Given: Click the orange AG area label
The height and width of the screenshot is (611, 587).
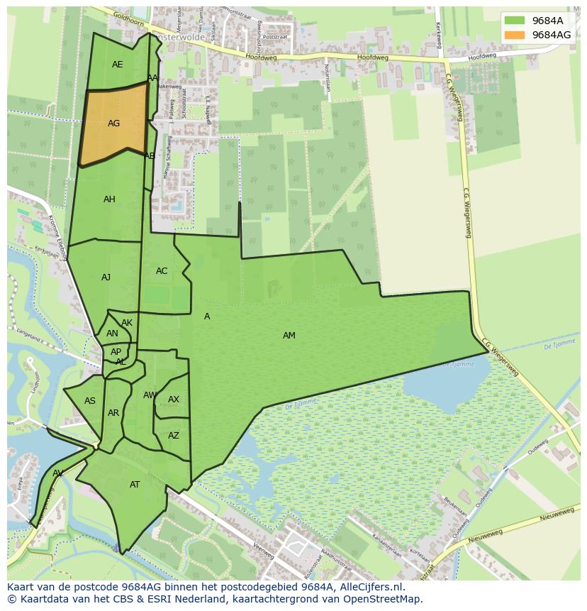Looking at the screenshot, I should pyautogui.click(x=113, y=123).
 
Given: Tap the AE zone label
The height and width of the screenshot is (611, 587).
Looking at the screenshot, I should pyautogui.click(x=117, y=65).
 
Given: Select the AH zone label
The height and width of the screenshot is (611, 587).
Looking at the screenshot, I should pyautogui.click(x=109, y=199).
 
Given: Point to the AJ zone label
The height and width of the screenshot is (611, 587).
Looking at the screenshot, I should pyautogui.click(x=106, y=277).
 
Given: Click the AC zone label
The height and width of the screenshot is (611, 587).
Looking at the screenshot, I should pyautogui.click(x=162, y=271).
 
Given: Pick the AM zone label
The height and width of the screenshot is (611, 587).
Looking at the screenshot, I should pyautogui.click(x=289, y=336).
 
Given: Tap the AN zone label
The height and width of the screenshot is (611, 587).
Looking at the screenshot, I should pyautogui.click(x=112, y=334).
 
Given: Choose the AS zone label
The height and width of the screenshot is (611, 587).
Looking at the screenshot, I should pyautogui.click(x=90, y=401).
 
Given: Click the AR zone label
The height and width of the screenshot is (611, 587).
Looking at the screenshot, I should pyautogui.click(x=113, y=413).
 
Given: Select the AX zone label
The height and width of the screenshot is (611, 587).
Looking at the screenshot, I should pyautogui.click(x=174, y=400).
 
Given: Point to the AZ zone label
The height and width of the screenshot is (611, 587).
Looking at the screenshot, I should pyautogui.click(x=174, y=436).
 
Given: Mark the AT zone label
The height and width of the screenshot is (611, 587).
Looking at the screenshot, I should pyautogui.click(x=135, y=485).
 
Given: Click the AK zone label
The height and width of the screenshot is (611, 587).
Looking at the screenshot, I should pyautogui.click(x=127, y=323).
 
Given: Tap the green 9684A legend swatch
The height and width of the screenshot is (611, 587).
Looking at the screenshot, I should pyautogui.click(x=514, y=21).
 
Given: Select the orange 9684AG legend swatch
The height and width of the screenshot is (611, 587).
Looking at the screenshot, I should pyautogui.click(x=514, y=34).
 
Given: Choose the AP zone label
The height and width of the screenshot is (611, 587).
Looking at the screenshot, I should pyautogui.click(x=116, y=352).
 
